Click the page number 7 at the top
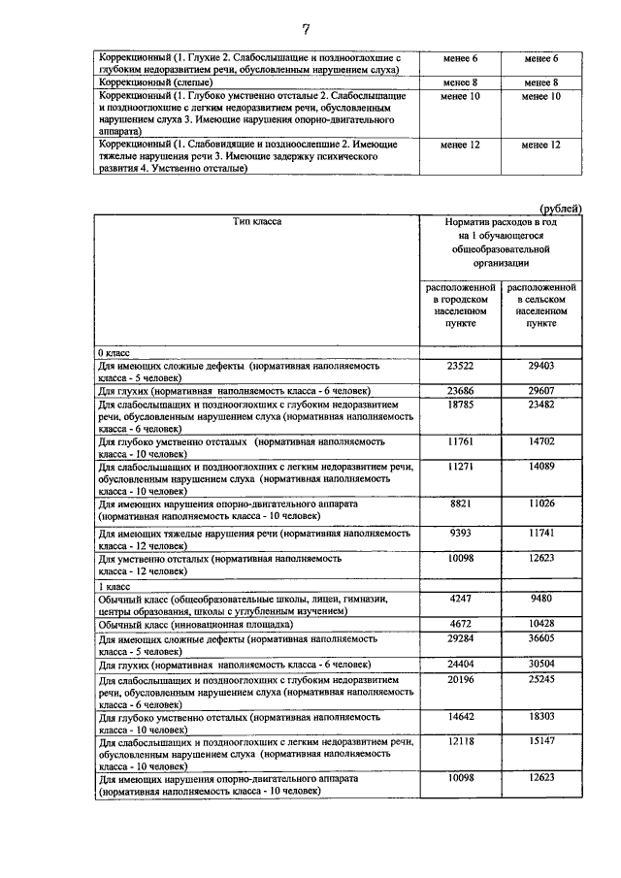[x=306, y=28]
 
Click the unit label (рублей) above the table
[x=560, y=208]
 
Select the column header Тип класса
[x=257, y=222]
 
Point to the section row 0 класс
[x=114, y=353]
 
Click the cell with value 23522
[x=459, y=366]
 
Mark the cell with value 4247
[x=459, y=600]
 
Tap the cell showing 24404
[x=459, y=665]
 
